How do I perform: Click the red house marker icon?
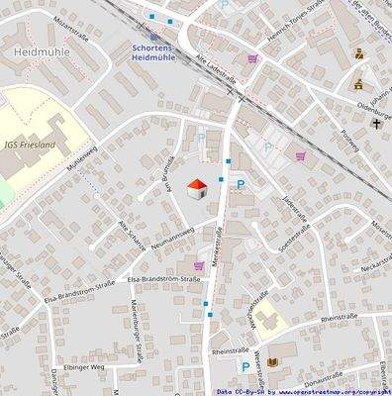click(x=197, y=187)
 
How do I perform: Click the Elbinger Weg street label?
click(x=83, y=365)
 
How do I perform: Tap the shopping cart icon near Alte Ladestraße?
click(x=252, y=58)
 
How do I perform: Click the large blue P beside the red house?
click(x=239, y=184)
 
